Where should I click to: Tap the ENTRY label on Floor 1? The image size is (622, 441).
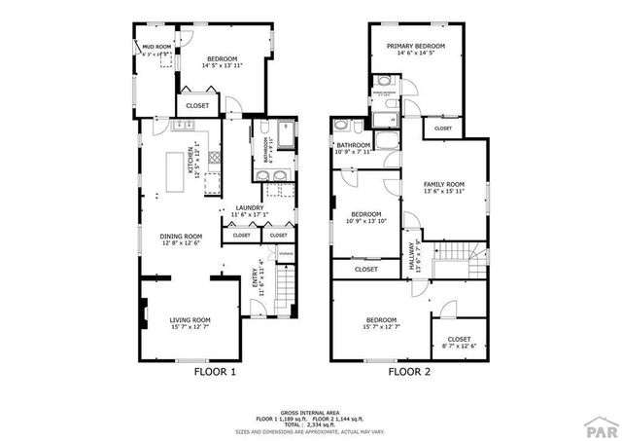260,277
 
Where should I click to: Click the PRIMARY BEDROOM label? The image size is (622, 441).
415,47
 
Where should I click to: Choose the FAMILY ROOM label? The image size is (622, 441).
442,184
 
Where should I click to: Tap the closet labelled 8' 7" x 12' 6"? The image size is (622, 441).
452,339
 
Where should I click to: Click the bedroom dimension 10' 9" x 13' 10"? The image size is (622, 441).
365,221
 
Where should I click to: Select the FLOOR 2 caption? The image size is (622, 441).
409,372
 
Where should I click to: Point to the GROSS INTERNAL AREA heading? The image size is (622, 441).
310,413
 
